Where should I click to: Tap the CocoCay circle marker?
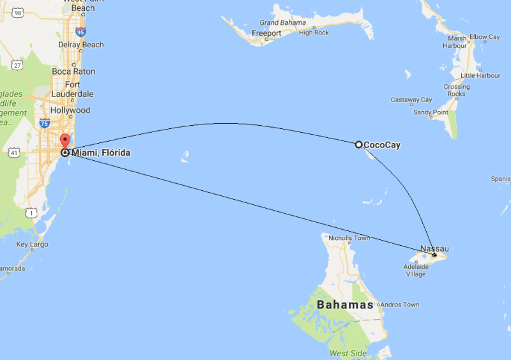[359, 145]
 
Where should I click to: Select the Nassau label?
[434, 248]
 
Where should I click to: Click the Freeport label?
[266, 33]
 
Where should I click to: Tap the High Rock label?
[314, 33]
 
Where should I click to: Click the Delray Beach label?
[80, 45]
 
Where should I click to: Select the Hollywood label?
[70, 110]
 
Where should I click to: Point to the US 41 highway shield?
[13, 153]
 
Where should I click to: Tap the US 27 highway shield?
[17, 64]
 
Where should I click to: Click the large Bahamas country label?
[345, 304]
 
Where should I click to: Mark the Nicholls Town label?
[349, 238]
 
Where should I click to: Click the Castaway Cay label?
[411, 100]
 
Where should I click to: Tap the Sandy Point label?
[431, 112]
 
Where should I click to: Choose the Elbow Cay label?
[485, 37]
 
